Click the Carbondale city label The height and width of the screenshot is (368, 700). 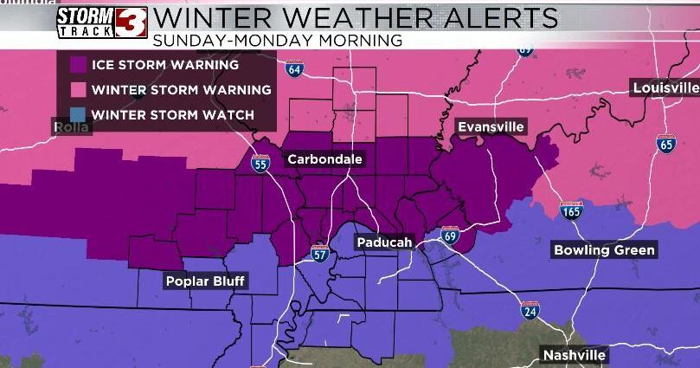(x=324, y=159)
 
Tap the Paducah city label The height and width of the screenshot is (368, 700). (x=384, y=243)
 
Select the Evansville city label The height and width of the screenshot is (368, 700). (x=491, y=127)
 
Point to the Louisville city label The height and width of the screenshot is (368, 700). (x=665, y=88)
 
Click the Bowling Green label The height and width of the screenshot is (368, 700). (x=605, y=251)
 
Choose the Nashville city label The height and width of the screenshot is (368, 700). (x=575, y=355)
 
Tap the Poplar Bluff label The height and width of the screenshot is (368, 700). (x=206, y=281)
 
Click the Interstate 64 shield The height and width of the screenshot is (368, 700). (x=294, y=68)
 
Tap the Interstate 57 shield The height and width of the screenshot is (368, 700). (x=320, y=253)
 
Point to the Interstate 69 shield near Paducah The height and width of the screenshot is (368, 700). (x=449, y=235)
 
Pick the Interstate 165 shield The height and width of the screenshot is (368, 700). (x=570, y=210)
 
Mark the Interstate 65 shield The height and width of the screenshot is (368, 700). (x=665, y=145)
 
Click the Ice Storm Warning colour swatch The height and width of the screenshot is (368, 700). (x=78, y=64)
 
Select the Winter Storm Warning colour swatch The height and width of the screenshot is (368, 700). (x=78, y=89)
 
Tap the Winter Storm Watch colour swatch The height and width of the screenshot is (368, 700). (x=78, y=114)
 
